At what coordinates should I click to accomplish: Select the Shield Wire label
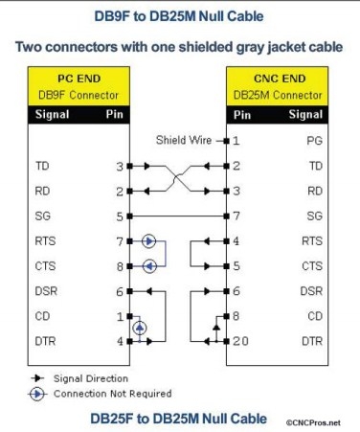tap(183, 141)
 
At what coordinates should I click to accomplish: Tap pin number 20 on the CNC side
tap(240, 340)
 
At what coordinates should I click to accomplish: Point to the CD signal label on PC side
tap(42, 315)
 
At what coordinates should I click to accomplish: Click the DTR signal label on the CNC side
tap(311, 340)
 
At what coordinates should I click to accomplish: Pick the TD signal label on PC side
tap(42, 166)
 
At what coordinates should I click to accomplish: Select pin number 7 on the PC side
tap(119, 241)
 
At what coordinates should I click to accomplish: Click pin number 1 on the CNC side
tap(236, 141)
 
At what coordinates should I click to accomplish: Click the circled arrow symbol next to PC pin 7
tap(148, 241)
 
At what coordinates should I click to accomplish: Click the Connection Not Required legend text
tap(112, 393)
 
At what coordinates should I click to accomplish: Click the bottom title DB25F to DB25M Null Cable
tap(178, 418)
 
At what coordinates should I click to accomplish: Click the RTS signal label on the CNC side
tap(311, 241)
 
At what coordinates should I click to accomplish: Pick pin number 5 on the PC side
tap(119, 216)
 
